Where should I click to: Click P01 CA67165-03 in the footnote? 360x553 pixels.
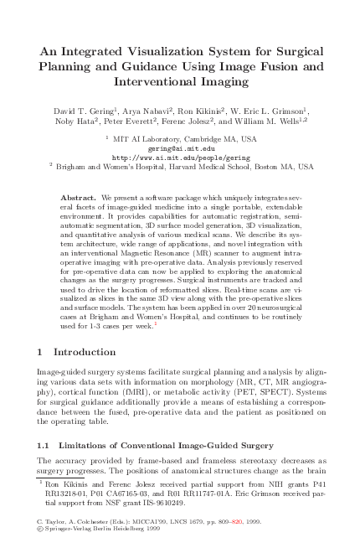[122, 496]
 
